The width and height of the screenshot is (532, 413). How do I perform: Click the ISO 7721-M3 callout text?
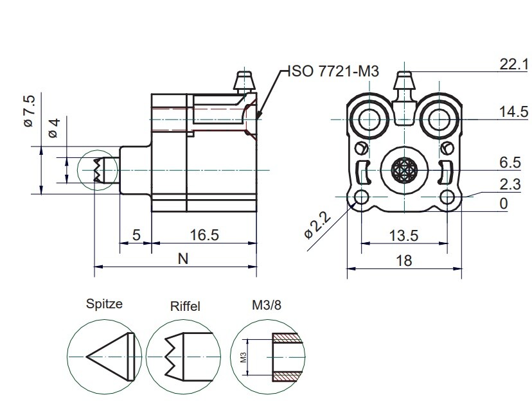coord(331,71)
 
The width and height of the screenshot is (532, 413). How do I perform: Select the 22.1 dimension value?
coord(513,64)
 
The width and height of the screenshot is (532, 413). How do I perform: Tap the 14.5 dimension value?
coord(513,112)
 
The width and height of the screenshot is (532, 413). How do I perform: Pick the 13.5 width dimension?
coord(404,235)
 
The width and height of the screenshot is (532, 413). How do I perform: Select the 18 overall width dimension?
coord(404,259)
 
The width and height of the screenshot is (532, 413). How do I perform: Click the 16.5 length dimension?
coord(204,235)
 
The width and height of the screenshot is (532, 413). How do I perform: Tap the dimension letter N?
coord(182,259)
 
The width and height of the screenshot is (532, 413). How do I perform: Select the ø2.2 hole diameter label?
coord(319,225)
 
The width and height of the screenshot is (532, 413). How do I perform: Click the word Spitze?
coord(104,304)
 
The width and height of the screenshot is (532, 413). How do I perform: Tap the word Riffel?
coord(185,306)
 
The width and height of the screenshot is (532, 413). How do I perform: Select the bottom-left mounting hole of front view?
coord(361,197)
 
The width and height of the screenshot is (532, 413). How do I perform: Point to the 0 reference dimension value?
coord(503,204)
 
